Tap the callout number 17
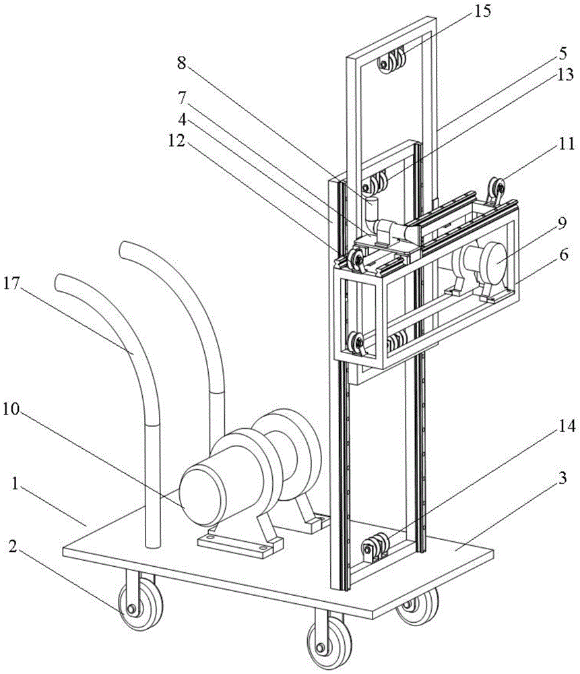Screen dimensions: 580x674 click(x=12, y=284)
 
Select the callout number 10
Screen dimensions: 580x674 click(x=12, y=409)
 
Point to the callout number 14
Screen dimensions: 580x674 click(x=567, y=425)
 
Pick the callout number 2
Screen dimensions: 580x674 click(x=13, y=547)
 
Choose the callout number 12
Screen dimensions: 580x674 click(x=176, y=140)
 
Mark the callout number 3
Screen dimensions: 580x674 click(x=562, y=478)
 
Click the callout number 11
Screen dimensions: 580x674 click(x=567, y=143)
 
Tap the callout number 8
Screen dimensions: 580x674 click(x=182, y=63)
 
